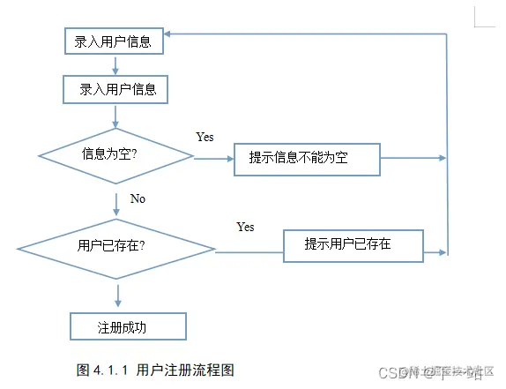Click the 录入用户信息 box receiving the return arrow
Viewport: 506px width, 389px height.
[112, 41]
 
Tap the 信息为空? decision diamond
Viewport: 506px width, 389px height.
[115, 155]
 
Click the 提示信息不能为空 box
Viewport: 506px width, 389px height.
[306, 159]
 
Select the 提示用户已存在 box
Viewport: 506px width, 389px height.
[353, 244]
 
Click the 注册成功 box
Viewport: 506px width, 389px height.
[128, 325]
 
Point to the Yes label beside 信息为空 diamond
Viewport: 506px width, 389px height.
[205, 137]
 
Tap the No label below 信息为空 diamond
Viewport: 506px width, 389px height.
[138, 198]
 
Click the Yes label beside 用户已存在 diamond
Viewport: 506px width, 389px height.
[245, 227]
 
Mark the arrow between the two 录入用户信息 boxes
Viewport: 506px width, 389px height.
[115, 64]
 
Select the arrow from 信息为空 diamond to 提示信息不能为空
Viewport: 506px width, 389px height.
[212, 160]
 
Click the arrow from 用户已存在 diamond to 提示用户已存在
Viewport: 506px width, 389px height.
[249, 252]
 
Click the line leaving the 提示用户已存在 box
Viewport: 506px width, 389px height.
[436, 252]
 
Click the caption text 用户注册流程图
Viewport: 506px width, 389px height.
[185, 370]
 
